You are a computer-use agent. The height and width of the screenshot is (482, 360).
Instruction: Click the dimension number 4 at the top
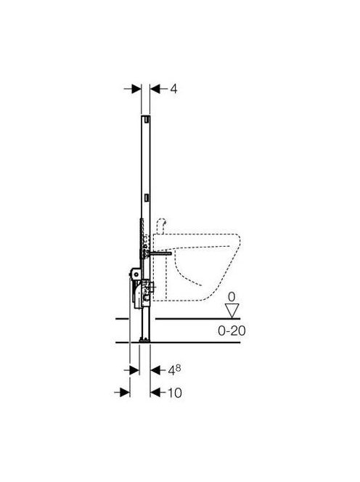173,89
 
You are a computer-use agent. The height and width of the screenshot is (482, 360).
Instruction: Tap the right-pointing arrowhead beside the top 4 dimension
136,89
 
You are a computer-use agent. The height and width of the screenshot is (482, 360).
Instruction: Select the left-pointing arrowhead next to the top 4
155,89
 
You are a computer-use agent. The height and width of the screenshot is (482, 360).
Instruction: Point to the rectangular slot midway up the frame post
147,197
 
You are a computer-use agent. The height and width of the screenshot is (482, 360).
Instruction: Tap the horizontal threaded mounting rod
160,253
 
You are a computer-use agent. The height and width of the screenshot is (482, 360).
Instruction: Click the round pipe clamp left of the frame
135,273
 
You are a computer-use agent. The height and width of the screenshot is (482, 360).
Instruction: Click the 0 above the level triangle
232,297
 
